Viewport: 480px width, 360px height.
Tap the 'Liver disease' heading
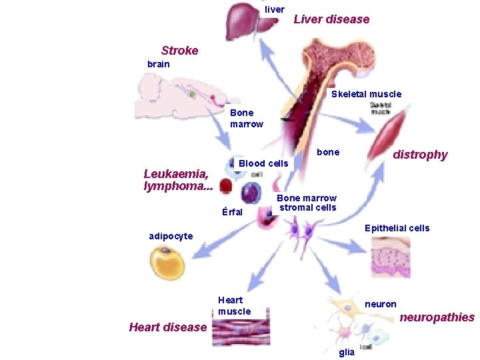tap(331, 19)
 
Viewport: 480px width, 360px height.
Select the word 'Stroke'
tap(179, 51)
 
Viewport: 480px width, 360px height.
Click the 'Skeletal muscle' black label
tap(366, 94)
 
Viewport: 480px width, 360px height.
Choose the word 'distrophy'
tap(420, 155)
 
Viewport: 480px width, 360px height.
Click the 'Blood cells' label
tap(263, 163)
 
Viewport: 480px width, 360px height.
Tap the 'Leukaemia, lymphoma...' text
tap(178, 180)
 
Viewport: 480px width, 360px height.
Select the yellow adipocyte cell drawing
tap(167, 264)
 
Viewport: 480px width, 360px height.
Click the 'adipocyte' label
tap(171, 236)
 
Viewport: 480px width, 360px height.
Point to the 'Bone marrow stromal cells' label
tap(307, 203)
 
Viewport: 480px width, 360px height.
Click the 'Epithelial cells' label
tap(397, 228)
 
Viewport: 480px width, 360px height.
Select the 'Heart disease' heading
tap(167, 327)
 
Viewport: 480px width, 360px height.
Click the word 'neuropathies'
tap(437, 317)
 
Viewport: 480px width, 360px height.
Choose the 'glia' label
tap(346, 352)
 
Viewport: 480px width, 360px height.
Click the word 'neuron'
tap(380, 304)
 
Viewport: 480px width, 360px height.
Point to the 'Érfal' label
tap(231, 212)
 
